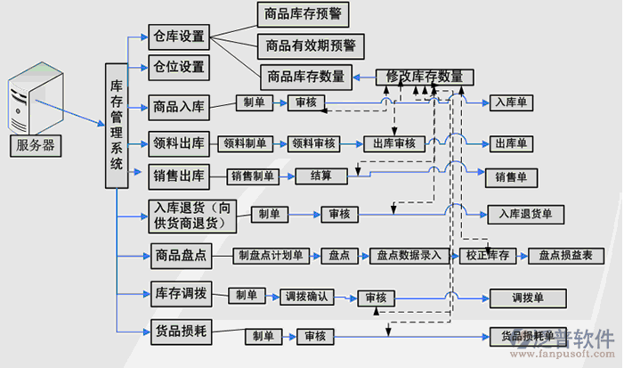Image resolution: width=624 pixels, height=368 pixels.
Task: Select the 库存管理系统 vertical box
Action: point(117,126)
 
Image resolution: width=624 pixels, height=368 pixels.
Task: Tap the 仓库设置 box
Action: point(179,37)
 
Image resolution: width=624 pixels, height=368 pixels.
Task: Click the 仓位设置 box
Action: point(179,67)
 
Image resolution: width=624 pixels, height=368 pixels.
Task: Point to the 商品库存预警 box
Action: point(303,14)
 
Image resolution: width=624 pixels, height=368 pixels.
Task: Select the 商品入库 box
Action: point(179,108)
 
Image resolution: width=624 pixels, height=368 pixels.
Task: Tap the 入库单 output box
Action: point(512,103)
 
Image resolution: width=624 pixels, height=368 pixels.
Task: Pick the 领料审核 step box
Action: point(312,143)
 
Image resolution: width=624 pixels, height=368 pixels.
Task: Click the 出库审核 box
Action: point(393,143)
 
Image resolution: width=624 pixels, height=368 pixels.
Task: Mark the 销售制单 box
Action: point(254,176)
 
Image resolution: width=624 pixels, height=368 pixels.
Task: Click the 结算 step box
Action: point(320,176)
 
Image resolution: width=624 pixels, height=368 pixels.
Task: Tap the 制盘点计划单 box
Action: point(271,256)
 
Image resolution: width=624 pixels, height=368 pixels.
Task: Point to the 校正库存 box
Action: point(486,256)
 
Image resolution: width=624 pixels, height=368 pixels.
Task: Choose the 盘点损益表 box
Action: point(566,256)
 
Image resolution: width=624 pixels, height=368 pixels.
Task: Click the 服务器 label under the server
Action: point(36,145)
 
